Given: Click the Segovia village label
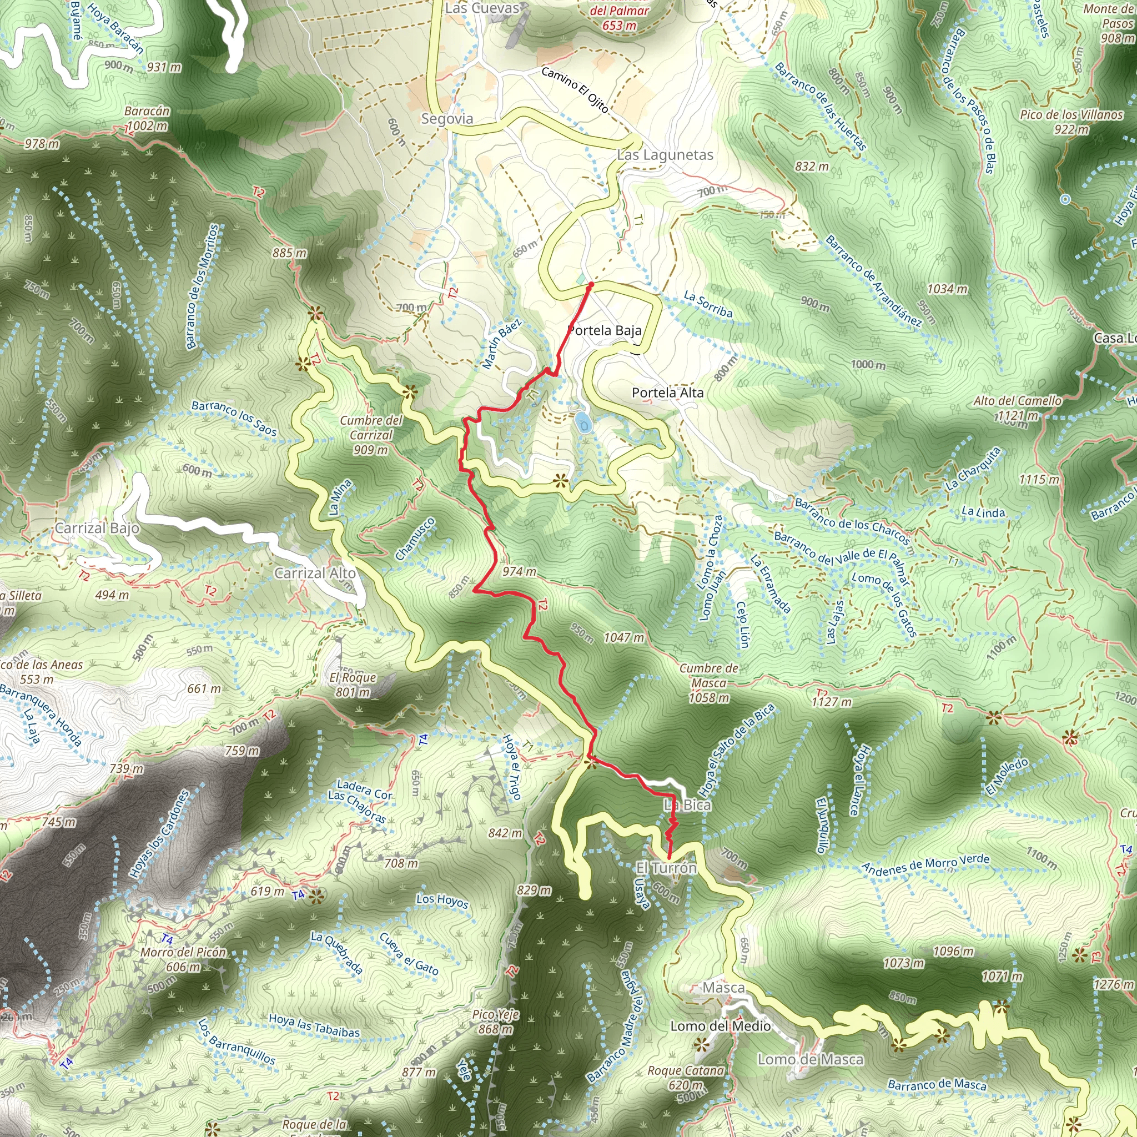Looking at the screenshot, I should click(x=447, y=119).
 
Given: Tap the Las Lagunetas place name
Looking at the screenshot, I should click(x=665, y=155).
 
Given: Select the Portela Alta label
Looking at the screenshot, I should click(x=667, y=393).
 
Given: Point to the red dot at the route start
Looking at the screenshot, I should click(x=591, y=284).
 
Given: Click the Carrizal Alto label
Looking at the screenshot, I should click(x=315, y=573).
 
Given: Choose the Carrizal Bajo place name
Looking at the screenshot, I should click(x=97, y=528).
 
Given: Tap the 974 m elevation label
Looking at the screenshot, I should click(x=519, y=571).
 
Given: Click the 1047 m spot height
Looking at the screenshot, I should click(x=624, y=637).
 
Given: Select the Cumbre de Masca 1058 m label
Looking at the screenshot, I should click(x=708, y=683).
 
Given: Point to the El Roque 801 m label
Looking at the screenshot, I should click(x=353, y=685).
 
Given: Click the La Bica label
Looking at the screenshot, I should click(x=687, y=805).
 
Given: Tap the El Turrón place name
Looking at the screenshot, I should click(x=666, y=868).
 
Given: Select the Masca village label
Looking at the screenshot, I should click(x=723, y=988).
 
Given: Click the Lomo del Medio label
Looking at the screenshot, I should click(x=720, y=1027).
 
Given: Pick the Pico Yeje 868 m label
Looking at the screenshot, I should click(x=496, y=1022).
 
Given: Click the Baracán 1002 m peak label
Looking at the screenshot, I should click(x=147, y=118).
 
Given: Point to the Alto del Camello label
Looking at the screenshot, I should click(x=1018, y=401).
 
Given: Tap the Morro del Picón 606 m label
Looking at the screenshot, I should click(x=183, y=960).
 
